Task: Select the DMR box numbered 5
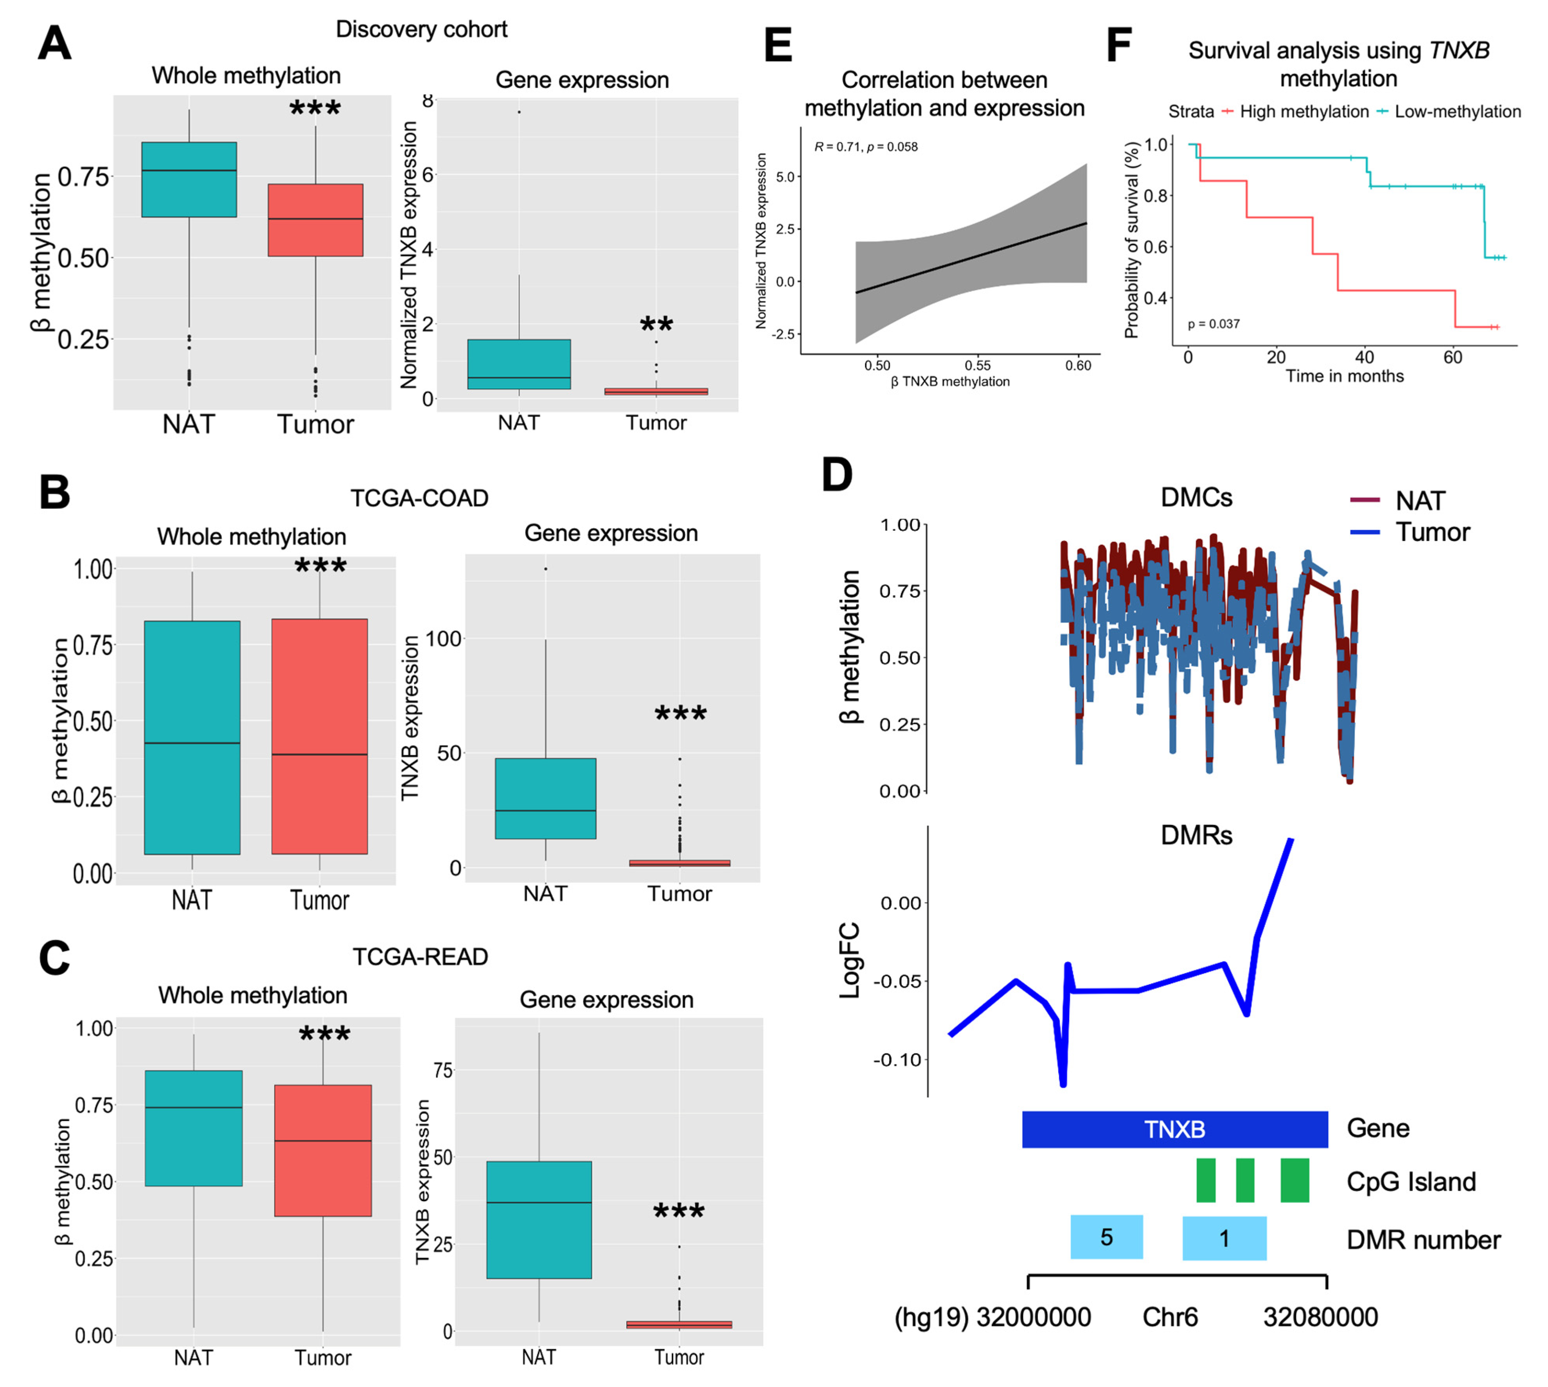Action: pyautogui.click(x=1106, y=1237)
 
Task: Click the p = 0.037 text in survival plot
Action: pyautogui.click(x=1214, y=324)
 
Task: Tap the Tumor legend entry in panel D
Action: pyautogui.click(x=1431, y=532)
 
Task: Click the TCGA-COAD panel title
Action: pyautogui.click(x=419, y=498)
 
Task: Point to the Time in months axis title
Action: pyautogui.click(x=1345, y=376)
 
